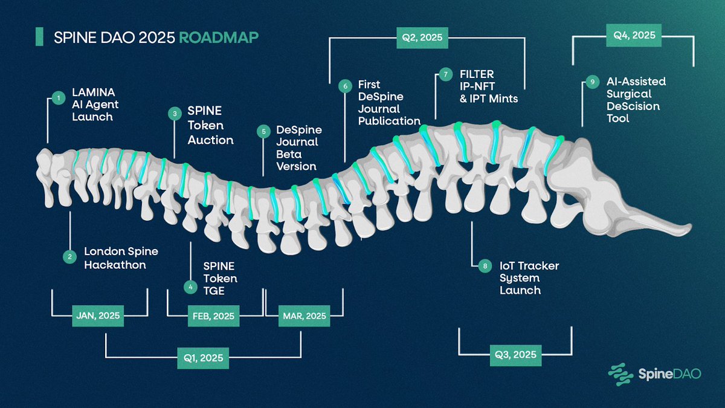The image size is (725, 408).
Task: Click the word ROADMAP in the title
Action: point(219,37)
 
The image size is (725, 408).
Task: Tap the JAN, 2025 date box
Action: point(98,316)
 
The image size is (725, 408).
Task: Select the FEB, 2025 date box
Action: point(214,316)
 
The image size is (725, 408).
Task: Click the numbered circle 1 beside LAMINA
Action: point(59,97)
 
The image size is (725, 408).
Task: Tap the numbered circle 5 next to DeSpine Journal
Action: point(263,131)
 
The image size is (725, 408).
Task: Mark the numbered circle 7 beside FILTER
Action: point(445,75)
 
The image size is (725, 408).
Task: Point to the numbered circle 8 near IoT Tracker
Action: point(484,265)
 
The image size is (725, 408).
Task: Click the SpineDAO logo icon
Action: point(620,373)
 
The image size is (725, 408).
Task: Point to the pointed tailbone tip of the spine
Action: point(689,228)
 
